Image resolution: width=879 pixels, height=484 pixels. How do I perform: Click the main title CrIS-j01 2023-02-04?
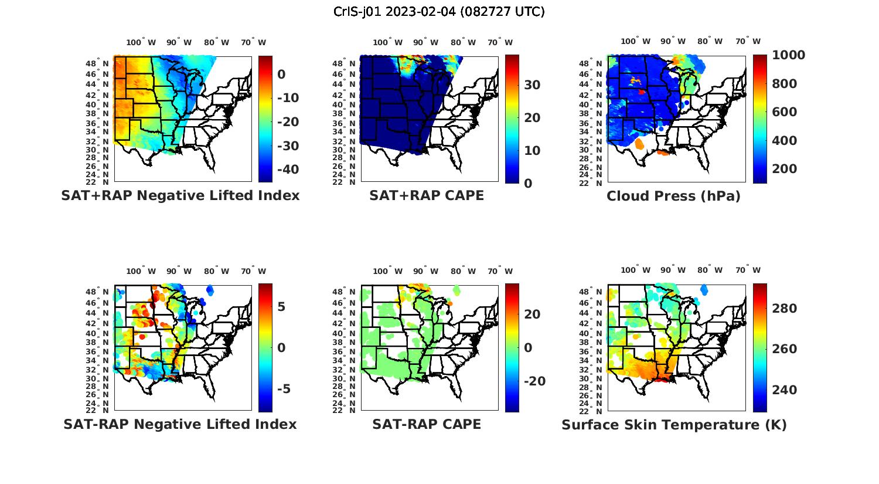(x=439, y=12)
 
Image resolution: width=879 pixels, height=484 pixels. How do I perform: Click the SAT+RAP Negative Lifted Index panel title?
(x=180, y=195)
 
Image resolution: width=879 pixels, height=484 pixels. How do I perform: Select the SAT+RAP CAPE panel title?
(x=427, y=195)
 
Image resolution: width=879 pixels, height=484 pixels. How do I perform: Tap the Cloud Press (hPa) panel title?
(x=673, y=196)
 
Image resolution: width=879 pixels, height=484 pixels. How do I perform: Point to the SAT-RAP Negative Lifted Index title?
(x=180, y=424)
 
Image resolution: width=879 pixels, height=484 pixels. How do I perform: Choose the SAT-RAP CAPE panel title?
(x=427, y=424)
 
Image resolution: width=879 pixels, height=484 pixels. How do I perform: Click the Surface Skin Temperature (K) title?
(x=674, y=425)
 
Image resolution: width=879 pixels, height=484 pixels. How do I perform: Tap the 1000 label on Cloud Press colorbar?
(x=788, y=55)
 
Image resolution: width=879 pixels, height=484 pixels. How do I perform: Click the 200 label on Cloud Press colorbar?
(x=785, y=169)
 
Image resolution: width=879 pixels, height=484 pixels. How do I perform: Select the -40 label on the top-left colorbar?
(x=287, y=170)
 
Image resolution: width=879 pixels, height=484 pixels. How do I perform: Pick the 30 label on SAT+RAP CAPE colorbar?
(x=532, y=85)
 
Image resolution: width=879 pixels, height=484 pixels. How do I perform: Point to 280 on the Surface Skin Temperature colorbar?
(x=785, y=309)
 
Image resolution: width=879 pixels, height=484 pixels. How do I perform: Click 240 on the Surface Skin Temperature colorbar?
(x=785, y=390)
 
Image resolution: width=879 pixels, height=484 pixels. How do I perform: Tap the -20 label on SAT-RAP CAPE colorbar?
(x=534, y=381)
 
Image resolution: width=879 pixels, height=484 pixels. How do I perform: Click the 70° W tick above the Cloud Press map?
(x=748, y=41)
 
